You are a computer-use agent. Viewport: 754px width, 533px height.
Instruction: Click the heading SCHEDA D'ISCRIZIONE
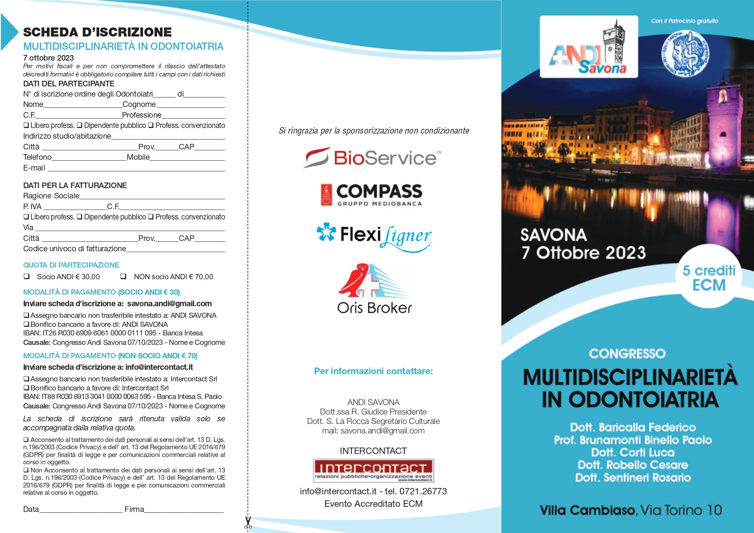pyautogui.click(x=98, y=32)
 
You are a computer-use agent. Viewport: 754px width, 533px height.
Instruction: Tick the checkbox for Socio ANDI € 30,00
pyautogui.click(x=27, y=277)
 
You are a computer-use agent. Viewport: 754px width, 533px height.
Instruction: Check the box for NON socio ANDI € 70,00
pyautogui.click(x=123, y=277)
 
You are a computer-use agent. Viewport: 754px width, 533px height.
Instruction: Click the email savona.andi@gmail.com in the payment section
pyautogui.click(x=169, y=304)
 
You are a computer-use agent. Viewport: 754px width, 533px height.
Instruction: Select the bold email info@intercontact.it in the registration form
pyautogui.click(x=159, y=367)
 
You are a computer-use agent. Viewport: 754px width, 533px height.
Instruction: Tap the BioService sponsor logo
pyautogui.click(x=372, y=158)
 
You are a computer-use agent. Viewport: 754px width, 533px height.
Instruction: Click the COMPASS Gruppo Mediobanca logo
pyautogui.click(x=372, y=195)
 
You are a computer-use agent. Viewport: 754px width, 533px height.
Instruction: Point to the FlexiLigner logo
pyautogui.click(x=374, y=236)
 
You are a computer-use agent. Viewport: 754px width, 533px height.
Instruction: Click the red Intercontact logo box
pyautogui.click(x=373, y=470)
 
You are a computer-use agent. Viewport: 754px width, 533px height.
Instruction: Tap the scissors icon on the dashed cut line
pyautogui.click(x=248, y=522)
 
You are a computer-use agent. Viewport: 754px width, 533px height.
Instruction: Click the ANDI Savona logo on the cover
pyautogui.click(x=589, y=47)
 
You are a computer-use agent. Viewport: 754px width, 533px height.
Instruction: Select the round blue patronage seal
pyautogui.click(x=685, y=54)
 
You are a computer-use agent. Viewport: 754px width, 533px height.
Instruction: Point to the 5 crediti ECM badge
pyautogui.click(x=709, y=277)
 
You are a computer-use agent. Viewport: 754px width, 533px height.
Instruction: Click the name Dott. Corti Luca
pyautogui.click(x=632, y=452)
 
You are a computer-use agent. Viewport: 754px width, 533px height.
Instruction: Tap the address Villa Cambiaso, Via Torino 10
pyautogui.click(x=631, y=510)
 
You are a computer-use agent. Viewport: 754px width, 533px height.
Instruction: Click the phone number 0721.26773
pyautogui.click(x=423, y=491)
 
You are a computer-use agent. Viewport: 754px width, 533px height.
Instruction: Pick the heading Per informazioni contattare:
pyautogui.click(x=373, y=371)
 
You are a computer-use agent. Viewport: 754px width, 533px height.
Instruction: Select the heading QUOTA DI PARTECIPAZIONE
pyautogui.click(x=71, y=265)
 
